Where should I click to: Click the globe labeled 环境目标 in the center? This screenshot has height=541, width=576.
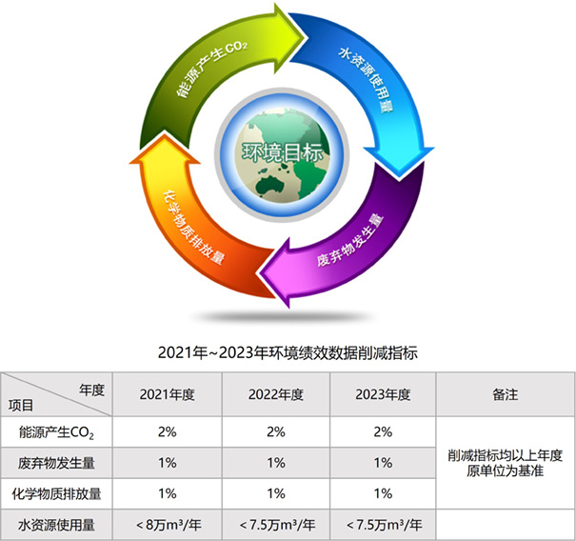pos(282,155)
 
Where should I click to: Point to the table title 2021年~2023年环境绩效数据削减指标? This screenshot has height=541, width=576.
pos(288,352)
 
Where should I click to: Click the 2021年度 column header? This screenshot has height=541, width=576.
pos(168,394)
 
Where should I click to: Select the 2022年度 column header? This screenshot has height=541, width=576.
pos(276,394)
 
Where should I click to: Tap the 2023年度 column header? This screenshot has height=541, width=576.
pos(383,394)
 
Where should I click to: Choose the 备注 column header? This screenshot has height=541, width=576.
pos(506,394)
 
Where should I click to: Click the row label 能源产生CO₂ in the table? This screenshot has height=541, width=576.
pos(56,432)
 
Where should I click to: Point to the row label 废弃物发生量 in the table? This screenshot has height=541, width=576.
pos(56,463)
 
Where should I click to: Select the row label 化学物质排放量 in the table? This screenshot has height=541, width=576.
pos(56,494)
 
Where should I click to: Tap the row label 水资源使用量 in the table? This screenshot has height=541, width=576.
pos(56,525)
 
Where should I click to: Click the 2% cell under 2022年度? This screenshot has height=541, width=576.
pos(276,431)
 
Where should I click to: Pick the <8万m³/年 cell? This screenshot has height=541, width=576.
pos(169,525)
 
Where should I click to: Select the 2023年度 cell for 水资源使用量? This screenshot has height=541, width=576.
pos(385,525)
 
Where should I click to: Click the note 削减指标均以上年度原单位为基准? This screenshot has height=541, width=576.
pos(506,463)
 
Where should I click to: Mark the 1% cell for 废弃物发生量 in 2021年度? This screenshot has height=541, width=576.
pos(168,463)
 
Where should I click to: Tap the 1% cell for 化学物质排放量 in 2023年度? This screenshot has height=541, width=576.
pos(383,493)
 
